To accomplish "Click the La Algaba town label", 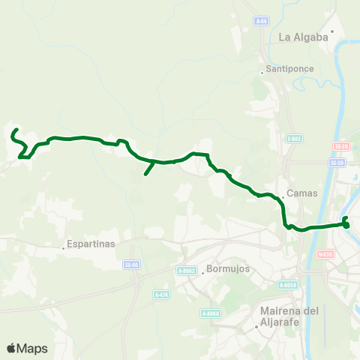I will coord(304,36).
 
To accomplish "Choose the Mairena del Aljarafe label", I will coord(289,316).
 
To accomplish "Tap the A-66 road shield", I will coord(260,21).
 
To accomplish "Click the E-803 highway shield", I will coord(293,138).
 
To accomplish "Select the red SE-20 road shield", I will coord(340,146).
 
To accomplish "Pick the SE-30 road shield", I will coord(337,162).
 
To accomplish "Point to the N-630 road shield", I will coord(325,253).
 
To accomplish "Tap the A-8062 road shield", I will coord(187,271).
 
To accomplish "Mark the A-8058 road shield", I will coord(287,285).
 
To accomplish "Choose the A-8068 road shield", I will coord(210,313).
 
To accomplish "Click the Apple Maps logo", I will coord(26,348).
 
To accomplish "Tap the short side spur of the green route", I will coord(148,168).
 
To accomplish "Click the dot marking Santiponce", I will coord(261,73).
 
